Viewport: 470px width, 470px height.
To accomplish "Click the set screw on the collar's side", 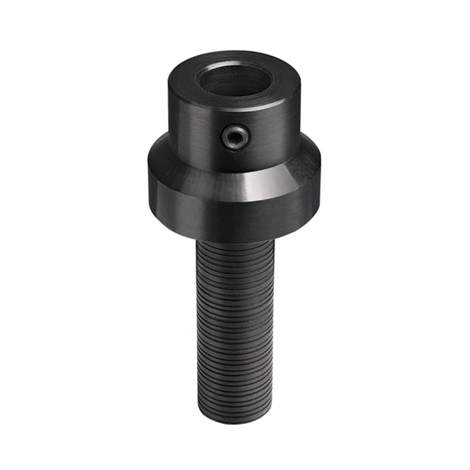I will tap(235, 137).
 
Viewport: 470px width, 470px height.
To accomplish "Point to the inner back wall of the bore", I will tap(234, 70).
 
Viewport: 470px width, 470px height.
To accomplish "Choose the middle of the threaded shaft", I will tap(234, 329).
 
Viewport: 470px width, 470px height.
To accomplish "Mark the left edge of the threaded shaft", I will tap(197, 329).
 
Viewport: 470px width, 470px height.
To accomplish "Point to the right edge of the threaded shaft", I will tap(272, 329).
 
